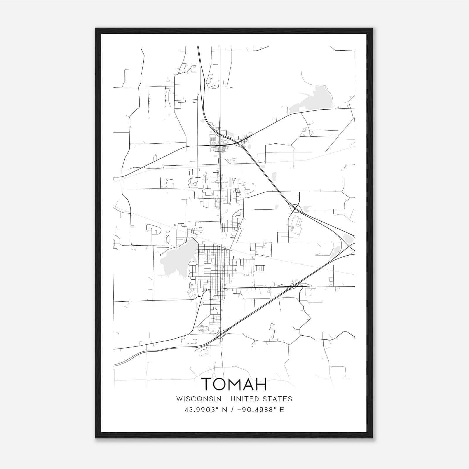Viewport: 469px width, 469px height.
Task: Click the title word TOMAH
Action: click(x=234, y=384)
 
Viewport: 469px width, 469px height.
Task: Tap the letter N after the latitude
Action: click(x=225, y=410)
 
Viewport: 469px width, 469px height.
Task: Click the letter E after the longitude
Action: click(x=282, y=410)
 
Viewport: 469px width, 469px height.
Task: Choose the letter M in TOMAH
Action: click(x=234, y=384)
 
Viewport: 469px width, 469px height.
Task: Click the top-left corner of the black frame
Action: click(x=96, y=29)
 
